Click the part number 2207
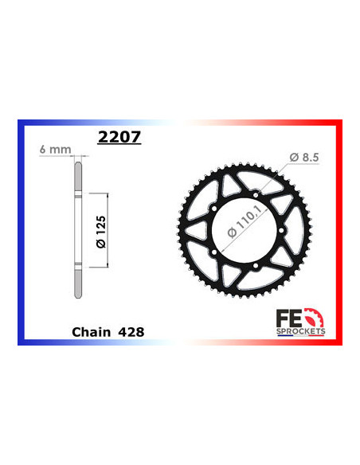pos(119,136)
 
